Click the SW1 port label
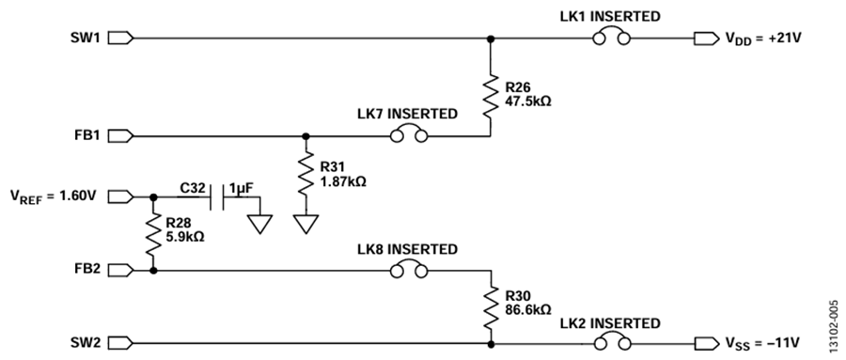pyautogui.click(x=85, y=39)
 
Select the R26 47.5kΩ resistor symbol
pyautogui.click(x=491, y=96)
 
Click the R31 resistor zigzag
pyautogui.click(x=305, y=174)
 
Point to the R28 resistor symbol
pyautogui.click(x=153, y=234)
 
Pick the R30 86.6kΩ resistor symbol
pyautogui.click(x=491, y=307)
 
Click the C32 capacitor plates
pyautogui.click(x=217, y=197)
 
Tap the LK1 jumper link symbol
pyautogui.click(x=611, y=37)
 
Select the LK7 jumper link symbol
pyautogui.click(x=409, y=134)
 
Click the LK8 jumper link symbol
pyautogui.click(x=409, y=269)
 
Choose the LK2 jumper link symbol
pyautogui.click(x=611, y=341)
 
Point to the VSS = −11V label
pyautogui.click(x=762, y=343)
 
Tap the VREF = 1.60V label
pyautogui.click(x=53, y=196)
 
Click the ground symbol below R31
pyautogui.click(x=305, y=224)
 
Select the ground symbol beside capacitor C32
pyautogui.click(x=260, y=224)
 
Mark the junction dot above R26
pyautogui.click(x=491, y=39)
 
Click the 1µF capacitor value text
pyautogui.click(x=242, y=188)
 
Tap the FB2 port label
pyautogui.click(x=87, y=269)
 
